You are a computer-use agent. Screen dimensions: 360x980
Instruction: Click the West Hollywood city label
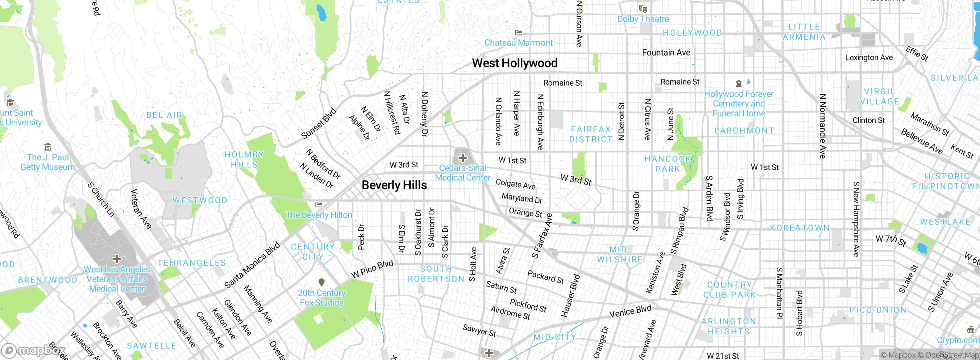[x=514, y=63]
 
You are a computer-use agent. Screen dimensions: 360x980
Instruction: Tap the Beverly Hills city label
[x=394, y=185]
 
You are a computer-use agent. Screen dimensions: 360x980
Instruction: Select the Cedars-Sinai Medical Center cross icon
[x=462, y=158]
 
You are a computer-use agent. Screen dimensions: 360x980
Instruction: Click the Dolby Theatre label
[x=643, y=19]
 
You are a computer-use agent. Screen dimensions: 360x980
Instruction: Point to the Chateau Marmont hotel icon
[x=519, y=33]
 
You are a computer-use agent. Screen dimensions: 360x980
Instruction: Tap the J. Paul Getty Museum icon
[x=48, y=147]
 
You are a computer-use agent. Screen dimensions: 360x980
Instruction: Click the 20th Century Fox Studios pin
[x=322, y=283]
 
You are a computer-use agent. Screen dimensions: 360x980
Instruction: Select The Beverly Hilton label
[x=319, y=215]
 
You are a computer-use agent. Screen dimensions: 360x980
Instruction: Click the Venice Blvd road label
[x=630, y=311]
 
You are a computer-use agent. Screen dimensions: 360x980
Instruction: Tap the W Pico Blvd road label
[x=372, y=269]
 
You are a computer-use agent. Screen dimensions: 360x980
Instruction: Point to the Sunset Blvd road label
[x=318, y=124]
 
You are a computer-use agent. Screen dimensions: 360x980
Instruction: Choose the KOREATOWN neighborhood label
[x=799, y=228]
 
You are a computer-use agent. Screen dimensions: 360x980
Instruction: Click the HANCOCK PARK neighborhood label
[x=668, y=164]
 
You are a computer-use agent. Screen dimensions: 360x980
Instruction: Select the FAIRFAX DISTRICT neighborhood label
[x=591, y=134]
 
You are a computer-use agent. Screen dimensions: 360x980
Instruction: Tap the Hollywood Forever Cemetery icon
[x=739, y=83]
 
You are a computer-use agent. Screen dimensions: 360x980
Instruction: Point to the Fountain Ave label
[x=666, y=53]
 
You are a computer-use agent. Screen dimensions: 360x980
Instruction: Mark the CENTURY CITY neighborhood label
[x=313, y=252]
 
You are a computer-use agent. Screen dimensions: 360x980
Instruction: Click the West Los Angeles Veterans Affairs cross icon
[x=117, y=259]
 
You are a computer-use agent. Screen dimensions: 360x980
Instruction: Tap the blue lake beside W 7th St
[x=922, y=248]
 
